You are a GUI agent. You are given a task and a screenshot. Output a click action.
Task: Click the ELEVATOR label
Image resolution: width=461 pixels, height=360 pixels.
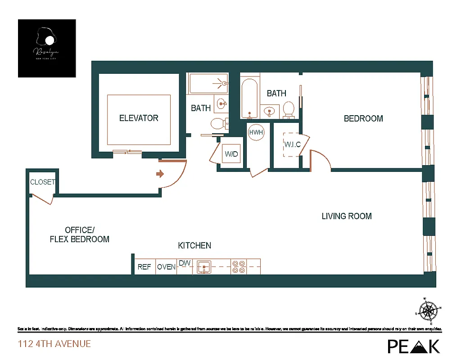[x=139, y=118]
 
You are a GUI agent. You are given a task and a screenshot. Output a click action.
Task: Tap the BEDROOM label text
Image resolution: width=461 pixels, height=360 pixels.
[x=363, y=119]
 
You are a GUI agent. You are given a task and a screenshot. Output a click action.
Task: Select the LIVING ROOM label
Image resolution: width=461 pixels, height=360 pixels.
[x=347, y=216]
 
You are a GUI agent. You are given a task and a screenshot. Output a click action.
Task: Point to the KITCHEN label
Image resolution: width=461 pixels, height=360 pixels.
[x=194, y=246]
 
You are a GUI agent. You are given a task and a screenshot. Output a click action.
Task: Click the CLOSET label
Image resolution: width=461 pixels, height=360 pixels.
[x=42, y=182]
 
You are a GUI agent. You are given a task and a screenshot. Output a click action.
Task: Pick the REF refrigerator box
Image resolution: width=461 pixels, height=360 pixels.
[x=145, y=267]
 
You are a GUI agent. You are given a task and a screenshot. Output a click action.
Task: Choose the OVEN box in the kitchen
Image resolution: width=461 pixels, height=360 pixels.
[x=166, y=267]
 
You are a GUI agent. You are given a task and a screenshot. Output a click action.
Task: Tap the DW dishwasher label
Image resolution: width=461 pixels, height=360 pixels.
[x=185, y=263]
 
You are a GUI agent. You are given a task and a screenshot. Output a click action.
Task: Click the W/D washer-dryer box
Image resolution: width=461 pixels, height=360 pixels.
[x=231, y=154]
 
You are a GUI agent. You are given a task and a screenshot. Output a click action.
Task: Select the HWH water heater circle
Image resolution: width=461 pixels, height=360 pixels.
[x=256, y=133]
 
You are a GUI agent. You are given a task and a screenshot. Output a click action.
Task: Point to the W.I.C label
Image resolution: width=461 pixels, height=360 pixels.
[x=292, y=145]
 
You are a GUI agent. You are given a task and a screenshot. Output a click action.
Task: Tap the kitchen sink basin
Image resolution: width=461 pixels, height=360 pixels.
[x=204, y=267]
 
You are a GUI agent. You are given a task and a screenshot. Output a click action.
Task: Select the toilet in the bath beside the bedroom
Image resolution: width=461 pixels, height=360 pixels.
[x=289, y=109]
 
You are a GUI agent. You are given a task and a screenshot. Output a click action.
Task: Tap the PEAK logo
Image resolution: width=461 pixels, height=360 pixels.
[x=414, y=346]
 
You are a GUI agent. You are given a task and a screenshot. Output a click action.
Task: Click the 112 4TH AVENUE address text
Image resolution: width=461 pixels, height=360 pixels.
[x=54, y=344]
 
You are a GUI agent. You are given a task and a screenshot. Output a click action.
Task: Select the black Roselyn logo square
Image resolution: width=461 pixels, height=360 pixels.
[x=47, y=48]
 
